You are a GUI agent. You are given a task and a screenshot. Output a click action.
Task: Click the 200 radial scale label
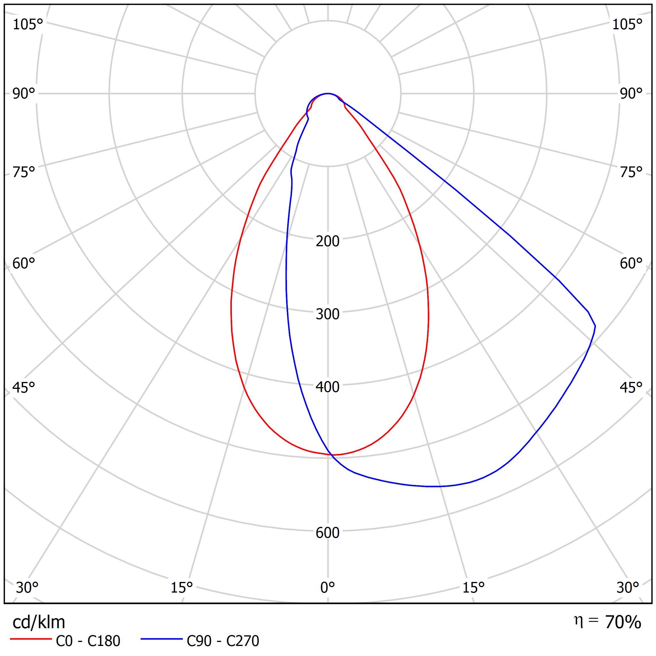pos(327,241)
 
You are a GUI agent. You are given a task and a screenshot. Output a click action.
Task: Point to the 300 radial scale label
pos(327,315)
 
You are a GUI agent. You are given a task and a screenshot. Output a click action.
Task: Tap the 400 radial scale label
pos(327,387)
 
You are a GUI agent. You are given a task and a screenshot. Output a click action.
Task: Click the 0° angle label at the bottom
pos(327,587)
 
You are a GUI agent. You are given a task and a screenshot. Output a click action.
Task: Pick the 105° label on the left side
pos(28,24)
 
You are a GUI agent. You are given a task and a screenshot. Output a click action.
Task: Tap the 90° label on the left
pos(24,94)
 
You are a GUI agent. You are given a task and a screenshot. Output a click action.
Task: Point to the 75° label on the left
pos(24,172)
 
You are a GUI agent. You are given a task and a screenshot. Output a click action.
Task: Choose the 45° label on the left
pos(24,388)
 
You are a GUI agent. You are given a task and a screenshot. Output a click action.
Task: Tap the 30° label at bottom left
pos(27,587)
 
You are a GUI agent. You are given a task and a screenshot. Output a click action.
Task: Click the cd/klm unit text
pos(39,622)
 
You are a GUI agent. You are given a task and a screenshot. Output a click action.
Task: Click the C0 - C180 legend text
pos(88,641)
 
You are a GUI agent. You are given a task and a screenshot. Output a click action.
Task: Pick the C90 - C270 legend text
pos(223,641)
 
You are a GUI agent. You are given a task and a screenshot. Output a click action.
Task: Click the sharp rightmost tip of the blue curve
pos(595,326)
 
